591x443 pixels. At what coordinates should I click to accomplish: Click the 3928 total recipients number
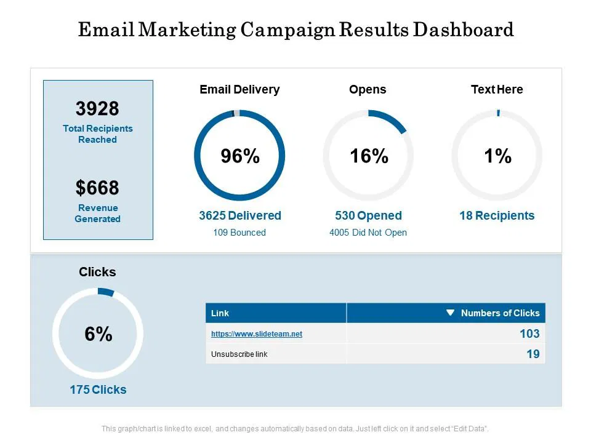97,109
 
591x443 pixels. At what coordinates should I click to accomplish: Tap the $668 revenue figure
97,188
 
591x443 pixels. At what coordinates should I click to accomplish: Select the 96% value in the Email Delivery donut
240,157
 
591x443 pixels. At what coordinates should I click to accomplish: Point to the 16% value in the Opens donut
369,157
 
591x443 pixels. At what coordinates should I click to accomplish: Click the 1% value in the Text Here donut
497,157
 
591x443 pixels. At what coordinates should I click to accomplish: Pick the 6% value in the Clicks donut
98,334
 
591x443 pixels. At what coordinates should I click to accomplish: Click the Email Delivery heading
239,90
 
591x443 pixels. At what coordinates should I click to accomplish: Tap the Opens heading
368,90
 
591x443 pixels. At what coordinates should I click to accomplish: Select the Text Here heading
497,90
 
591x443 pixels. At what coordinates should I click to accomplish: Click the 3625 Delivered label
239,216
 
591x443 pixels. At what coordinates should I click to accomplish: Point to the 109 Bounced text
239,233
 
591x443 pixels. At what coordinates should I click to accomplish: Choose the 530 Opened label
368,216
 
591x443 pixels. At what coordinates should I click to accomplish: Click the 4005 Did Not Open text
368,233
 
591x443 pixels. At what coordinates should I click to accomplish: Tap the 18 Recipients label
497,216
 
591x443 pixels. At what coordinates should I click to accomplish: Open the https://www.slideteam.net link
257,334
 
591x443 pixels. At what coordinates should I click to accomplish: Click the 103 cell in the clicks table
529,333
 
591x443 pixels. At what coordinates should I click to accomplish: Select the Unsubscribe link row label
239,354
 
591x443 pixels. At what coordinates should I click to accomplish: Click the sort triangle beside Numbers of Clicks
450,313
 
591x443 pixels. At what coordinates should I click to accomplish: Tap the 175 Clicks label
98,389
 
